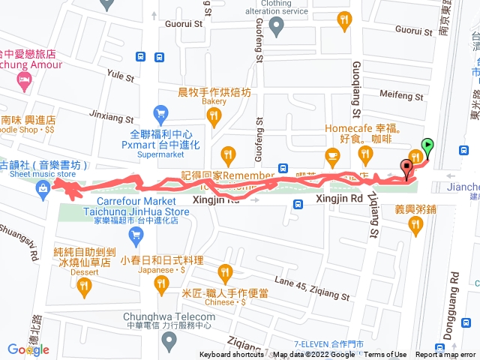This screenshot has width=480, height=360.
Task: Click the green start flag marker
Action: [427, 145]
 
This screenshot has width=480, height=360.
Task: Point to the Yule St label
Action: [120, 76]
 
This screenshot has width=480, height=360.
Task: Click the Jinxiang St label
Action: [110, 118]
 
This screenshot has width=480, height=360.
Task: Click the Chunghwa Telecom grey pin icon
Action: [169, 342]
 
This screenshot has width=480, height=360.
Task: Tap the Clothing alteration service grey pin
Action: [275, 28]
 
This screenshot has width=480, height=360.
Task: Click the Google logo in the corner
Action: [28, 349]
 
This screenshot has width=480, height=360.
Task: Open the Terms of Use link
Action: [385, 355]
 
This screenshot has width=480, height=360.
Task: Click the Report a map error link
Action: [447, 355]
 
